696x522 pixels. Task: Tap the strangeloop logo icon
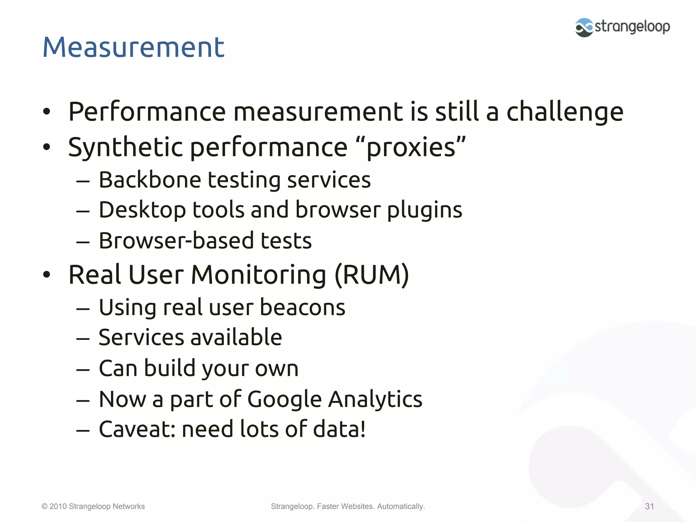584,27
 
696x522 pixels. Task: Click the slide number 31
649,506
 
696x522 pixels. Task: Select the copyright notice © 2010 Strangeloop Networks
93,506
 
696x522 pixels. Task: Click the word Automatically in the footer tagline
401,506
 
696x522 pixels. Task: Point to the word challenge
565,112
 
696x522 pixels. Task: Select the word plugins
424,210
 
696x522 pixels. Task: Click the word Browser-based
176,241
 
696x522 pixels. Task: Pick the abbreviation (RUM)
372,275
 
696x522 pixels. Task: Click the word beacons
302,307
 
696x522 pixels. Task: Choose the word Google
284,399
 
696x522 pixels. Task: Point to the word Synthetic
126,147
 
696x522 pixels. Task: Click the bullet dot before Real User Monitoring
47,275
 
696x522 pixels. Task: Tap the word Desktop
142,210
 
